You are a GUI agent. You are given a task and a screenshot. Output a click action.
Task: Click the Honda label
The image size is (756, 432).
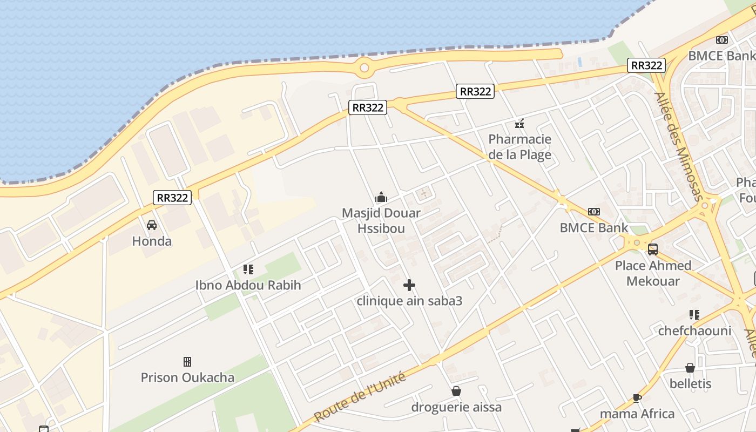click(x=152, y=241)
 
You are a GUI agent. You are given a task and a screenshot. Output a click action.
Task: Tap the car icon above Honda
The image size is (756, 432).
click(x=152, y=225)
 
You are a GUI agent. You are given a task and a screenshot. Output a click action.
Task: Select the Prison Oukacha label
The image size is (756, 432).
click(x=187, y=377)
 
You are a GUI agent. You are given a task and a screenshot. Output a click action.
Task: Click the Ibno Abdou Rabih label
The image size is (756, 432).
click(x=248, y=285)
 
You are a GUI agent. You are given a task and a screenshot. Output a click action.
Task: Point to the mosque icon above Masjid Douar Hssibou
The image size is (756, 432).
click(x=381, y=197)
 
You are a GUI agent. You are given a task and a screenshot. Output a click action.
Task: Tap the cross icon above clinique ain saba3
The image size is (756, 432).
click(x=409, y=285)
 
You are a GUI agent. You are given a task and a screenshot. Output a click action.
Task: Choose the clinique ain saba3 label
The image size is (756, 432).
click(x=409, y=301)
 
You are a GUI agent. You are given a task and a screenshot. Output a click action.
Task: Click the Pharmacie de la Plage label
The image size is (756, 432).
click(x=519, y=147)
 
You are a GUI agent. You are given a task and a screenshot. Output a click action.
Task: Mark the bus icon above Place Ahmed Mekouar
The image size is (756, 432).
click(x=653, y=249)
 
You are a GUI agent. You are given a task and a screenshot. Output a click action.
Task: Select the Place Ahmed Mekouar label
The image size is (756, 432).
click(x=653, y=273)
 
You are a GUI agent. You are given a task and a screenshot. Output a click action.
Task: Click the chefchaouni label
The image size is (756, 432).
click(x=694, y=330)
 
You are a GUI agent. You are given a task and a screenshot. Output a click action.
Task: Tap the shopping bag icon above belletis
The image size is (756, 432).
click(x=690, y=368)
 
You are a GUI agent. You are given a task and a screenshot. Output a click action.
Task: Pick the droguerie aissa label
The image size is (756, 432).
click(x=456, y=407)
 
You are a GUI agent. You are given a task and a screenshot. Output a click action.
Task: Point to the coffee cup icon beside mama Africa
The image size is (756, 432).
click(x=637, y=398)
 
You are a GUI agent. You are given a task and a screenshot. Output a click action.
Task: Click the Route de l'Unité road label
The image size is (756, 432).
click(x=360, y=397)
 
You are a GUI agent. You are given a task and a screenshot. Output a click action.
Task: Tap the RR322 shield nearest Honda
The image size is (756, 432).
click(x=172, y=198)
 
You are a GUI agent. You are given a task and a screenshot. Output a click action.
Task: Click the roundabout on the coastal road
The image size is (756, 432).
click(x=364, y=68)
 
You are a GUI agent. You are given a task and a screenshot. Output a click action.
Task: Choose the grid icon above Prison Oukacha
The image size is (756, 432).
click(x=187, y=361)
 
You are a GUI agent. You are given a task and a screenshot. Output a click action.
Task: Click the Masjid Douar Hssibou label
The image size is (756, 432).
click(x=381, y=220)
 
